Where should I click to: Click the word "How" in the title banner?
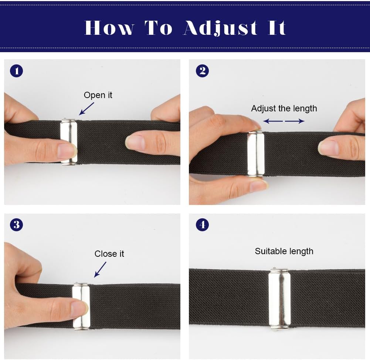click(109, 28)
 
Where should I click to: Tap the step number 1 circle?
click(17, 71)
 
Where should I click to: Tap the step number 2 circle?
click(202, 71)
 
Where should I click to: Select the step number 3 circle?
click(17, 225)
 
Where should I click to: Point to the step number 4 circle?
click(202, 225)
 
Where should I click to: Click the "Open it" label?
click(98, 95)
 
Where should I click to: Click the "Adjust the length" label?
click(284, 109)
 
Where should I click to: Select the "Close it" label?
click(109, 254)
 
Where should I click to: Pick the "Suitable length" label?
click(284, 251)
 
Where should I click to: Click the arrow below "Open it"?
click(86, 109)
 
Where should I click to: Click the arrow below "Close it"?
click(100, 269)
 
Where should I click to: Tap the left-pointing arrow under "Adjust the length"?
click(273, 121)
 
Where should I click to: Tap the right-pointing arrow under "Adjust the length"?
click(295, 121)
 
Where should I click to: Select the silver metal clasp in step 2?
click(256, 154)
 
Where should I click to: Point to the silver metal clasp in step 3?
click(81, 306)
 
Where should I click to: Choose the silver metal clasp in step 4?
click(279, 299)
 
